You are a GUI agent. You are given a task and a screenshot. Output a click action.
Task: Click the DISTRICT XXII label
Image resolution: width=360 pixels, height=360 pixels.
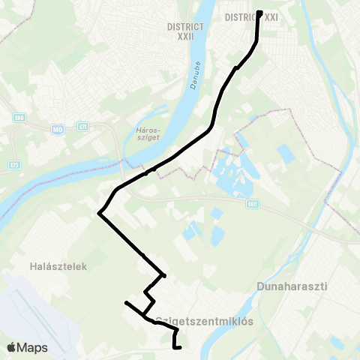click(x=186, y=31)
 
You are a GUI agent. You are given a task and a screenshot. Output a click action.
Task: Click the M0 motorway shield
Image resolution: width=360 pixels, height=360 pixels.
click(x=57, y=130)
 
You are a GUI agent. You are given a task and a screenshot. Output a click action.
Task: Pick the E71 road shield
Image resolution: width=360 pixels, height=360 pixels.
click(x=82, y=127)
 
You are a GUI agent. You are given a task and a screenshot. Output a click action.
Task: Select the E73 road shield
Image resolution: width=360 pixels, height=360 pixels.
click(x=14, y=164)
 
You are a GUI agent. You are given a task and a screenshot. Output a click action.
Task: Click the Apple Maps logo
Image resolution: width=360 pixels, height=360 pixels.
click(x=27, y=347)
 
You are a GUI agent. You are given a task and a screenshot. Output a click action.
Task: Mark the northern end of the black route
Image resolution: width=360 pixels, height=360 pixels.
click(x=259, y=13)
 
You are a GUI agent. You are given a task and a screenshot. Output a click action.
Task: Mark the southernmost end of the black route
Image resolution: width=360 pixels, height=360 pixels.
click(x=175, y=347)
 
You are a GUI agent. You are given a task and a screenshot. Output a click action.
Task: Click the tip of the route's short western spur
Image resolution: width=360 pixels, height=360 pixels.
click(x=126, y=302)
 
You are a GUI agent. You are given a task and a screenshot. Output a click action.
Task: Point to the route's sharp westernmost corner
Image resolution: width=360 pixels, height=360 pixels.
click(x=99, y=214)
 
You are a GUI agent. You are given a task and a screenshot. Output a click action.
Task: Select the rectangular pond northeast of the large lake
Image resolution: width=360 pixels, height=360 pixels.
click(x=285, y=154)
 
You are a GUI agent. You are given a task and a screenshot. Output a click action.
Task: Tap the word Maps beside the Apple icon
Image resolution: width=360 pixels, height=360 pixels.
click(x=34, y=347)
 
